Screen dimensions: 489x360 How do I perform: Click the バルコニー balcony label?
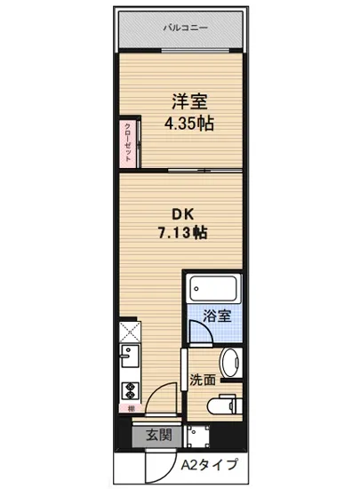[185, 28]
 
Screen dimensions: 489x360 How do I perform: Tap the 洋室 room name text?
[185, 100]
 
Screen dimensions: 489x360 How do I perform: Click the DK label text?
[181, 214]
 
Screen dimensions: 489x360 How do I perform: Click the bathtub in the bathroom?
[213, 289]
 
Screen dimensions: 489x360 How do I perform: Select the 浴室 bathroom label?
[217, 315]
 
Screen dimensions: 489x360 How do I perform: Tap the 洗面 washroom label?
[203, 380]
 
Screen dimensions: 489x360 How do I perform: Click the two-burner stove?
[126, 391]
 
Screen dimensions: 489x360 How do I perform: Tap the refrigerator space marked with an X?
[127, 333]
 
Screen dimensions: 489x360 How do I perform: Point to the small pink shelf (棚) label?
[128, 409]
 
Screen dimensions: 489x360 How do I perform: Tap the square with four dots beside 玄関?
[194, 437]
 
